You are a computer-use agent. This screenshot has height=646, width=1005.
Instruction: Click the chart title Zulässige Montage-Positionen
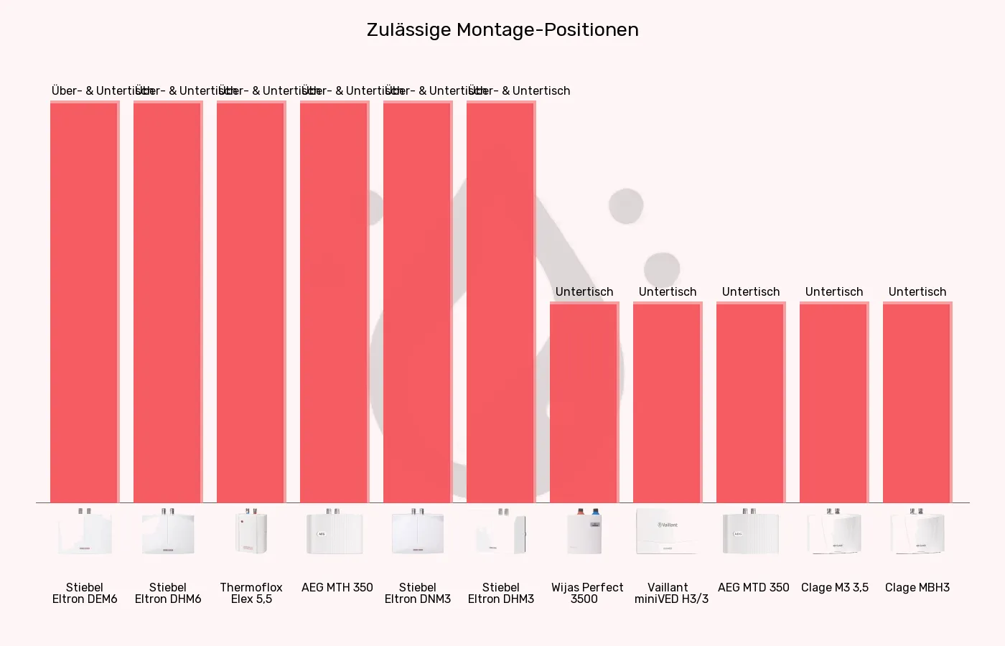pyautogui.click(x=502, y=30)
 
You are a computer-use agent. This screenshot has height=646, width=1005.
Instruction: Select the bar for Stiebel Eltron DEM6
pyautogui.click(x=84, y=301)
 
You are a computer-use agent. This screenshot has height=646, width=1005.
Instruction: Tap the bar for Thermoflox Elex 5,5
pyautogui.click(x=251, y=301)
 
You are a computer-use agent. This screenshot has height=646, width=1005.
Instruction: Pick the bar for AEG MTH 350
pyautogui.click(x=334, y=301)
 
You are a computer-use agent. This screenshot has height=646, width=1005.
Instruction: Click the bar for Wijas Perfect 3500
pyautogui.click(x=584, y=402)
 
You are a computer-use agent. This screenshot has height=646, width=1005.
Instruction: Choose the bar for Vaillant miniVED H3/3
pyautogui.click(x=667, y=402)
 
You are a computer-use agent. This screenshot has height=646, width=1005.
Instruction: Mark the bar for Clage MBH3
pyautogui.click(x=917, y=402)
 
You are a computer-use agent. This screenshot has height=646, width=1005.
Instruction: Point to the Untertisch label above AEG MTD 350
pyautogui.click(x=751, y=291)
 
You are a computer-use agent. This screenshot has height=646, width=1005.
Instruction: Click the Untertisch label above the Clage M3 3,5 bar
pyautogui.click(x=834, y=291)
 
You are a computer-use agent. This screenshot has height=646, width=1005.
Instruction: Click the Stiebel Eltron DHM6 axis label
pyautogui.click(x=168, y=593)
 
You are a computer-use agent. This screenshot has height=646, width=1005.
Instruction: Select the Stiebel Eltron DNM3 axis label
pyautogui.click(x=418, y=593)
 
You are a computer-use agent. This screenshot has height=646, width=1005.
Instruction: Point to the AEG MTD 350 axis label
pyautogui.click(x=754, y=587)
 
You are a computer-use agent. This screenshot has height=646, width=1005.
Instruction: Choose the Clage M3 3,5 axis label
pyautogui.click(x=835, y=587)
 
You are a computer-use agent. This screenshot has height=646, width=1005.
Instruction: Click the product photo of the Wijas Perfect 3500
pyautogui.click(x=584, y=532)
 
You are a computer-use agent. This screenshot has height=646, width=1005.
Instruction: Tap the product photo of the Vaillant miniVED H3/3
pyautogui.click(x=667, y=532)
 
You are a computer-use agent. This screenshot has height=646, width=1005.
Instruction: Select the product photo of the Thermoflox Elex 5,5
pyautogui.click(x=251, y=532)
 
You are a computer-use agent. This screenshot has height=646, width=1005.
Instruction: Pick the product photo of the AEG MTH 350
pyautogui.click(x=334, y=532)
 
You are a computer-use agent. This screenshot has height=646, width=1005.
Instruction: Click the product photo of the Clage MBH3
pyautogui.click(x=917, y=532)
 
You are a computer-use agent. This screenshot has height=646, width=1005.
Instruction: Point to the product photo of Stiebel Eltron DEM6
pyautogui.click(x=85, y=532)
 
